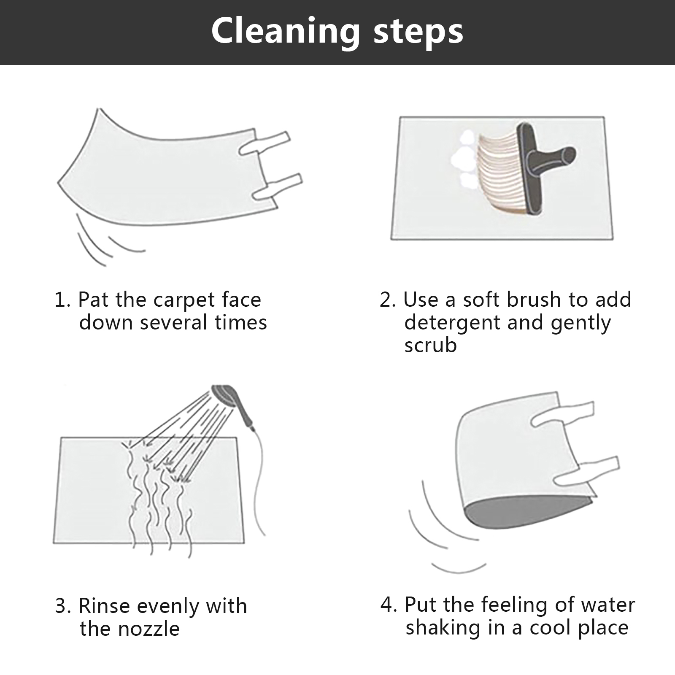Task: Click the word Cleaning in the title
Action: coord(286,32)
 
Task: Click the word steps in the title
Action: coord(418,32)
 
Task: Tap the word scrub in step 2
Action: coord(430,345)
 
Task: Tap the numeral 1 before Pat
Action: coord(59,300)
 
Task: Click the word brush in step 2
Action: coord(534,300)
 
